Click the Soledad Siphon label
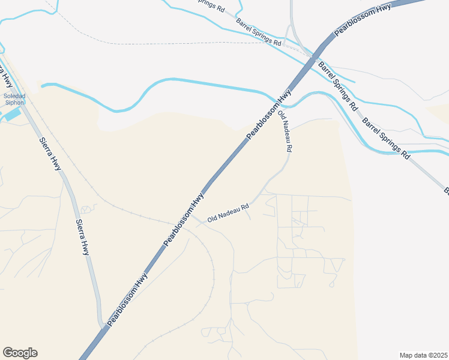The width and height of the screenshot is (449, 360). [14, 99]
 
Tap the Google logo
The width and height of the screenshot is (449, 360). [20, 353]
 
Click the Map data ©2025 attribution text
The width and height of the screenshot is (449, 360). [423, 355]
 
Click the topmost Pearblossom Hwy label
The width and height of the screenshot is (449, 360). [363, 20]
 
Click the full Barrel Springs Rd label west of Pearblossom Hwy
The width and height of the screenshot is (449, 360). [259, 32]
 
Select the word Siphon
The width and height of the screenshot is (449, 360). [14, 103]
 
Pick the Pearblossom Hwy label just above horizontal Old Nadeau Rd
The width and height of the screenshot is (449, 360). [184, 218]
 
